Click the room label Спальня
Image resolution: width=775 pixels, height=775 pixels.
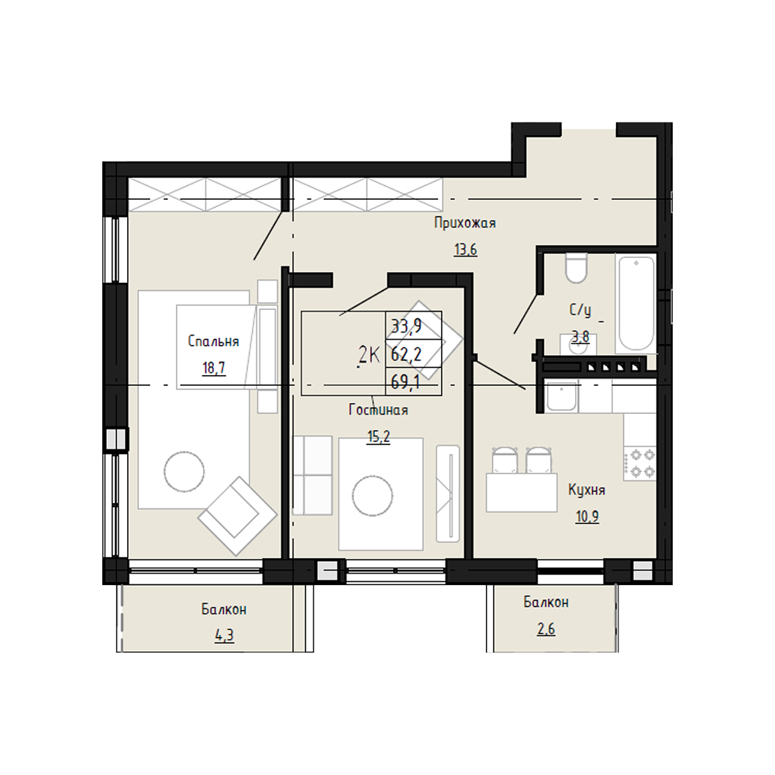pos(214,342)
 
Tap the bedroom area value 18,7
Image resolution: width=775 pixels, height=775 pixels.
pos(214,367)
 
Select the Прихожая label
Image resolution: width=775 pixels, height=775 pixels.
pos(464,223)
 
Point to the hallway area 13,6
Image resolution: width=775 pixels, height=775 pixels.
pos(466,250)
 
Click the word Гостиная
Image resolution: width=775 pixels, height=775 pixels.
pos(378,410)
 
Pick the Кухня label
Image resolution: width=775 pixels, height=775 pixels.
pos(587,490)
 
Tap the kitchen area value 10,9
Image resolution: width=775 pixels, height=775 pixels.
pos(587,516)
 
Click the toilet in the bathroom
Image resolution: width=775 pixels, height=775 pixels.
pos(576,268)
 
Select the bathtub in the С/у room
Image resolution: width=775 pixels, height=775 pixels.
pos(636,303)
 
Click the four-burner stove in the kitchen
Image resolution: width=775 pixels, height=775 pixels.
pos(639,463)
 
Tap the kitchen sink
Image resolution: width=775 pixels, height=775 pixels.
pos(561,396)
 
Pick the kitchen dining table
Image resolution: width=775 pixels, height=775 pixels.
pos(522,492)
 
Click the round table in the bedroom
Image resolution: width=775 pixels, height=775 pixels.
pos(184,471)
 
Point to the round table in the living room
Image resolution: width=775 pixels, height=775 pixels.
pos(373,496)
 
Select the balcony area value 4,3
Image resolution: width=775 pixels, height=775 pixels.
pos(224,635)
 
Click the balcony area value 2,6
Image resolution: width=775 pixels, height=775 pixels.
pos(546,629)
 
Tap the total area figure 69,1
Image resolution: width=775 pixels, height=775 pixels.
pos(405,382)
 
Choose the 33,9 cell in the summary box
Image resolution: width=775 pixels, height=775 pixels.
pos(406,325)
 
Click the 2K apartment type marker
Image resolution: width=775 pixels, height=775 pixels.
pos(369,354)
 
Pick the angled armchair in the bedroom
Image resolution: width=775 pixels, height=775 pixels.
pos(237,515)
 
